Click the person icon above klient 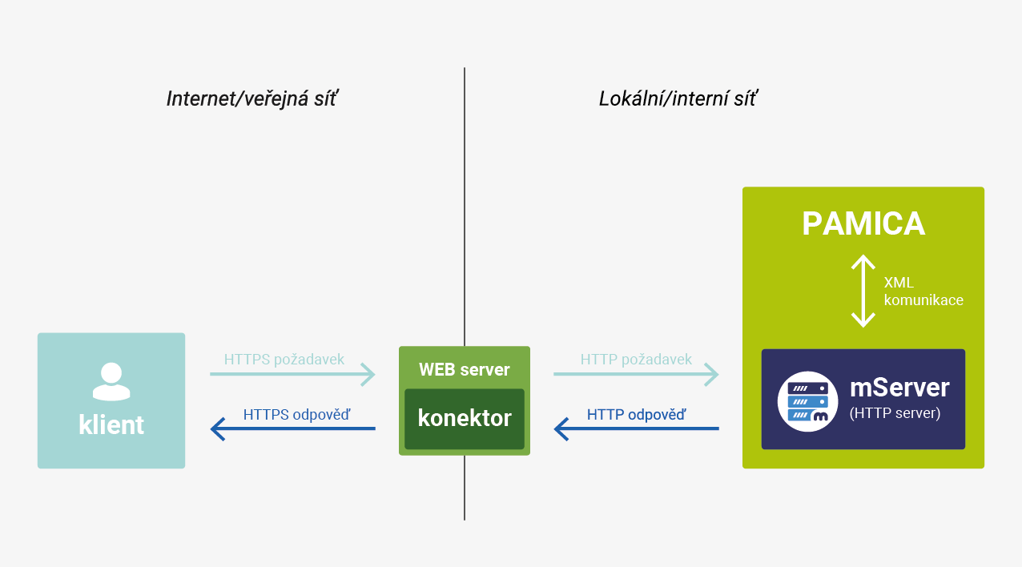[x=111, y=381]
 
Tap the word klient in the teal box [x=111, y=424]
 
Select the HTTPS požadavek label [x=284, y=359]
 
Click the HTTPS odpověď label [x=296, y=415]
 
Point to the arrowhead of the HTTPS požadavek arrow [x=368, y=374]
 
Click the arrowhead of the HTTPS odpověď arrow [x=217, y=429]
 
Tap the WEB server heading [x=465, y=369]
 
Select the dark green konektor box [x=465, y=418]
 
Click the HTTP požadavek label [x=636, y=359]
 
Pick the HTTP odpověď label [x=636, y=415]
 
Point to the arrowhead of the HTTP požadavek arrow [x=711, y=374]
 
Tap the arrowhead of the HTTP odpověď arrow [x=561, y=429]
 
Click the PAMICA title [x=863, y=223]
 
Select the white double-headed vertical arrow [x=863, y=291]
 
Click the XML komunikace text [x=923, y=292]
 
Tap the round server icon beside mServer [x=807, y=401]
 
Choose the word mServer [x=899, y=388]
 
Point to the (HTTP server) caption [x=895, y=414]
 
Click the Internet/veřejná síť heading [x=251, y=99]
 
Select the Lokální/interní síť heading [x=678, y=99]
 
